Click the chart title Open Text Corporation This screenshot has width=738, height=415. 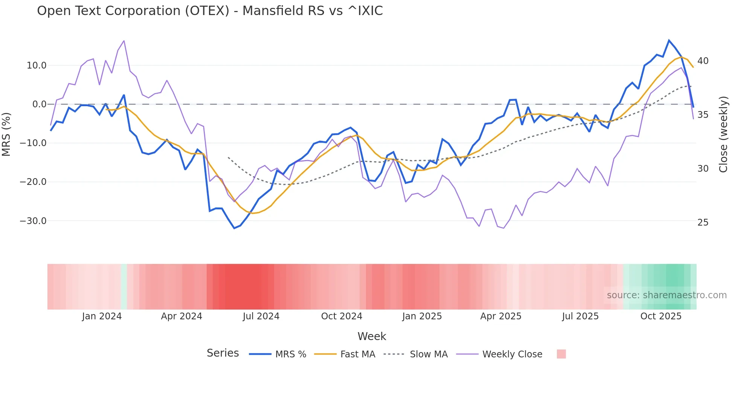pos(210,11)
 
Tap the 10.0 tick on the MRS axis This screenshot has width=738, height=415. pos(37,66)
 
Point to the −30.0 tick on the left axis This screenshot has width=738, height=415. pos(33,221)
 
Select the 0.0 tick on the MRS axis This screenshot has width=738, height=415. pos(40,104)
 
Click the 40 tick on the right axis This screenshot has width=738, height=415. pos(703,61)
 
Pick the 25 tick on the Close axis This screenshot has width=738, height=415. pos(703,223)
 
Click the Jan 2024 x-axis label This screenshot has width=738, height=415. pos(102,316)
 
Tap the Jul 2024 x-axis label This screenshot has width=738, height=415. pos(261,316)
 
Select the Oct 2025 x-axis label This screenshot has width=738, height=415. pos(661,316)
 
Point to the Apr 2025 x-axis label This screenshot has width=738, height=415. pos(501,316)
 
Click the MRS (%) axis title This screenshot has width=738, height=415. pos(6,134)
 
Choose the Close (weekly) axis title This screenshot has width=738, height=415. pos(723,134)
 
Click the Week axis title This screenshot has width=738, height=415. pos(372,336)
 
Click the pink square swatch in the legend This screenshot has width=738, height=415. pos(561,354)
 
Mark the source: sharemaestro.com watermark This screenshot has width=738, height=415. pos(666,295)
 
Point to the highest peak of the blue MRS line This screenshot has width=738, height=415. pos(669,40)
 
